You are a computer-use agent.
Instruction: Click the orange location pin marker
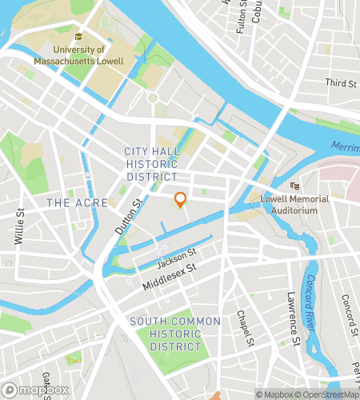(x=181, y=200)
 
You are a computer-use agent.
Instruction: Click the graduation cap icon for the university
(x=78, y=37)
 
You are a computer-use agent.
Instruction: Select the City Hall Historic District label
(x=150, y=164)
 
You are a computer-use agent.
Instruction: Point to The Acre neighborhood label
(x=70, y=203)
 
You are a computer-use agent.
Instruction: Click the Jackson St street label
(x=176, y=260)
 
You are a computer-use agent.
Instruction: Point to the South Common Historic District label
(x=174, y=334)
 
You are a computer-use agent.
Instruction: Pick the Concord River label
(x=312, y=305)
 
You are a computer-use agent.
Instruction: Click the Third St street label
(x=341, y=83)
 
